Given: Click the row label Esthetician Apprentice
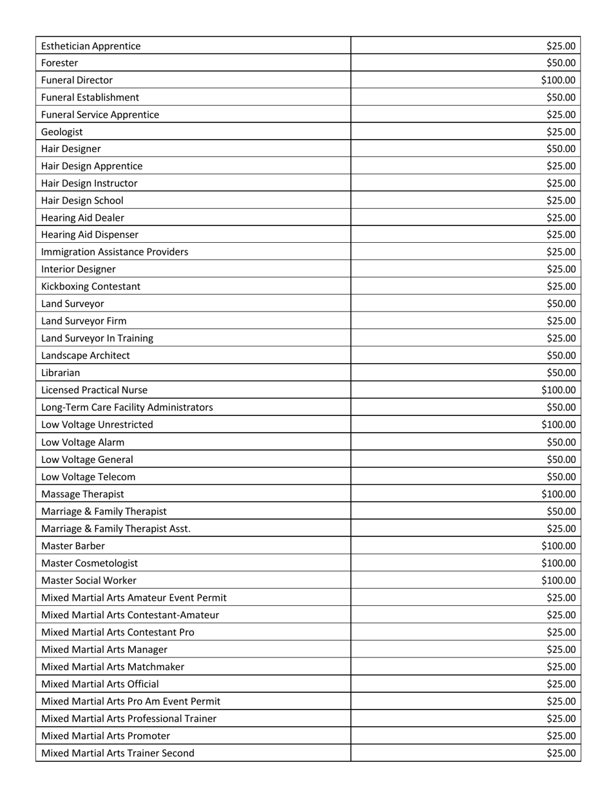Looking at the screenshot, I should click(91, 46).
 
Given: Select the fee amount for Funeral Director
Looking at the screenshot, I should click(558, 80).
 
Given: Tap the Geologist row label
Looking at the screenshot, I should click(62, 132).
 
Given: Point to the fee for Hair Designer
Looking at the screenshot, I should click(560, 149).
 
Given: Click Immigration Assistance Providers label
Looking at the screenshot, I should click(115, 252).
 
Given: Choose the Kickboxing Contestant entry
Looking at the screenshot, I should click(90, 287).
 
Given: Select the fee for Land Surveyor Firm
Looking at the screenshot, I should click(560, 321).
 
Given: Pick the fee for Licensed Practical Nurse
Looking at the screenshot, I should click(558, 390).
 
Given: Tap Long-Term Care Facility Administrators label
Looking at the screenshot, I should click(127, 408).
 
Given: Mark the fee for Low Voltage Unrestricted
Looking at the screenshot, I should click(558, 425).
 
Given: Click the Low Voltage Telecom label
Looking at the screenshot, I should click(88, 477).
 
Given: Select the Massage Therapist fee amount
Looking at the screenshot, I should click(558, 495).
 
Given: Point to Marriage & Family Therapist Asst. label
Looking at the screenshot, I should click(116, 529).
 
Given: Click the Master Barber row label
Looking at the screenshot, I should click(73, 546).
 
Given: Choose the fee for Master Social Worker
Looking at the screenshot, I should click(558, 581).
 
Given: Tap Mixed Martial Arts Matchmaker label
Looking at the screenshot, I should click(113, 667).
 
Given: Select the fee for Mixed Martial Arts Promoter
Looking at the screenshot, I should click(560, 736).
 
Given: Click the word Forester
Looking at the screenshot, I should click(60, 63).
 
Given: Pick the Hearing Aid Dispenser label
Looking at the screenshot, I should click(90, 235).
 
